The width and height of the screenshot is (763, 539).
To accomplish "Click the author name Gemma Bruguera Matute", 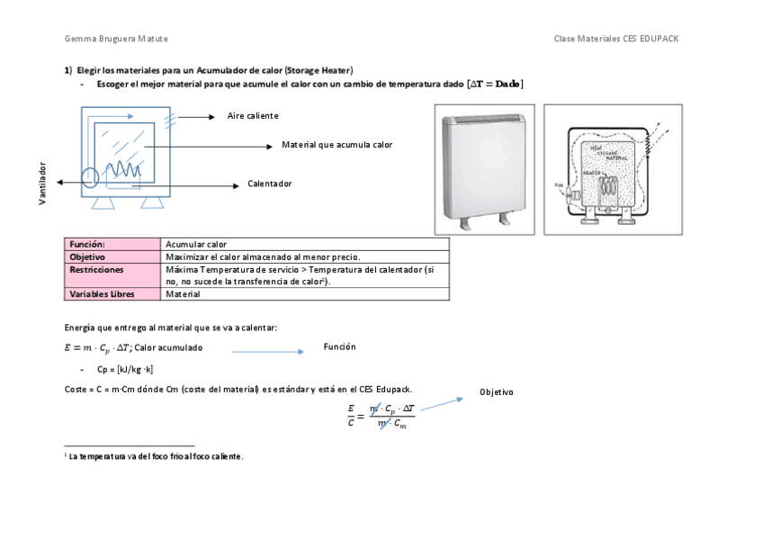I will click(115, 39).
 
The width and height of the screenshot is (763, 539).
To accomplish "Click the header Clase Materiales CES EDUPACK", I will click(622, 39).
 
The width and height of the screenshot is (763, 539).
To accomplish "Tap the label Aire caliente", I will click(252, 116).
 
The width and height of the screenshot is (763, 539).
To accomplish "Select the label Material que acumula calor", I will click(337, 144).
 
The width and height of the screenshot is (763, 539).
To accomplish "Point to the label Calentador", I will click(270, 184).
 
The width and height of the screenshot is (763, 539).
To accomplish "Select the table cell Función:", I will click(88, 244).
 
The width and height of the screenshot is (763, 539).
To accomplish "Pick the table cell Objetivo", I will click(88, 256).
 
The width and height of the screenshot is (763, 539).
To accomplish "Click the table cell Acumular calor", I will click(196, 244).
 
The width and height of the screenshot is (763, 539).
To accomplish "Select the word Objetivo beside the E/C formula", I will click(496, 392).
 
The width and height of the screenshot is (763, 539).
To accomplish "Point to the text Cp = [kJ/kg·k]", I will click(125, 369).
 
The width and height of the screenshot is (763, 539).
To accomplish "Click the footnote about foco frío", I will click(155, 456).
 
